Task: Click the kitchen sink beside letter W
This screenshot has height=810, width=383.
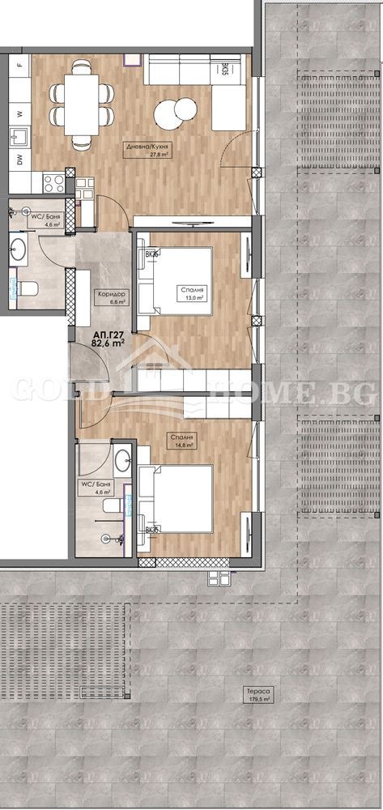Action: click(x=18, y=134)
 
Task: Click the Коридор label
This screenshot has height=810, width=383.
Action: click(x=109, y=294)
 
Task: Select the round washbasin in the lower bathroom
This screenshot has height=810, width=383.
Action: click(x=121, y=462)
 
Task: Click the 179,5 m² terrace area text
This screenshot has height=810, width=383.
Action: click(x=260, y=701)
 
